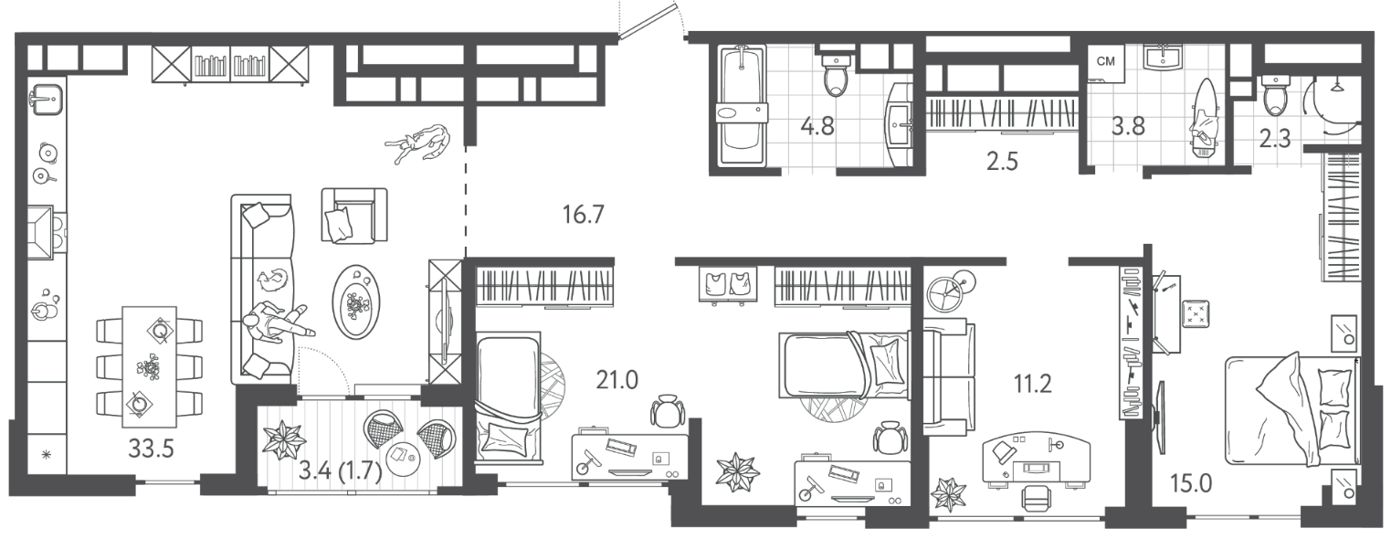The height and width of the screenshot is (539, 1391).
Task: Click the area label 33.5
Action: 151,449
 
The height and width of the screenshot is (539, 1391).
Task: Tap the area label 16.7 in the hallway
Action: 583,215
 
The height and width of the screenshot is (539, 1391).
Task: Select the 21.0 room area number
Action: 616,379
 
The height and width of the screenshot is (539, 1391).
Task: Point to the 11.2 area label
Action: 1032,385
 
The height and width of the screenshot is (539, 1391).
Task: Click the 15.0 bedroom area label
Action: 1191,482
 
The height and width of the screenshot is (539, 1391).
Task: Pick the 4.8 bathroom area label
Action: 817,127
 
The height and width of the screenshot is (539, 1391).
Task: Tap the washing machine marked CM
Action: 1106,63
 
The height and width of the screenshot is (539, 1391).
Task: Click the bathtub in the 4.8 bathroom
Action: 743,106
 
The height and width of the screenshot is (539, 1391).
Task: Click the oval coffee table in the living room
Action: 356,301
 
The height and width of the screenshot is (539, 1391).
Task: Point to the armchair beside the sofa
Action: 354,216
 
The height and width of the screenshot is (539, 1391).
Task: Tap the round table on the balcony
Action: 404,459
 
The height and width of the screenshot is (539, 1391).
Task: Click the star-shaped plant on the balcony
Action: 283,439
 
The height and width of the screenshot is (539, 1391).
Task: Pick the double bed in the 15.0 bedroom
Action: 1292,410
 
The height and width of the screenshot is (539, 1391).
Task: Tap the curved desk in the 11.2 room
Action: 1037,459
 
